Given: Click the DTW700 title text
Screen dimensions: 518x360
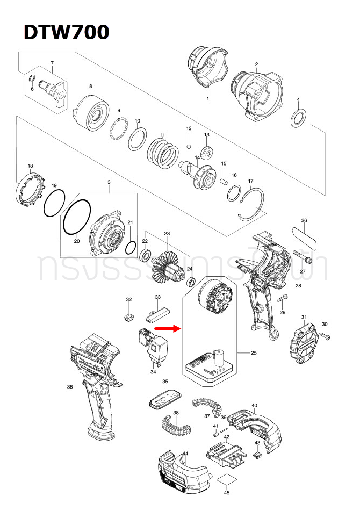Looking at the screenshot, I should [66, 32].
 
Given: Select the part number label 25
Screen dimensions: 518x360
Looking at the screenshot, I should [254, 353].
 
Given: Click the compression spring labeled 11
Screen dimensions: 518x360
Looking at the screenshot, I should [161, 152].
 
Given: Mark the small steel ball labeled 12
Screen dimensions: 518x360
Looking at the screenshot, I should [189, 145].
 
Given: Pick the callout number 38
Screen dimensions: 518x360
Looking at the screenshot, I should [176, 413].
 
